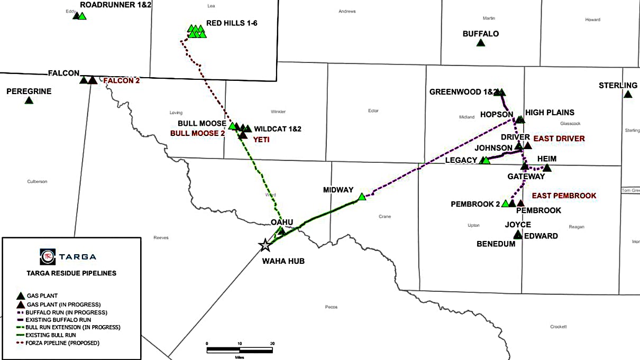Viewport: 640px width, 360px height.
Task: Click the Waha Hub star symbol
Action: click(x=264, y=245)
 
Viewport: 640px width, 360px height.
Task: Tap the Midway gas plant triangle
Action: click(x=362, y=197)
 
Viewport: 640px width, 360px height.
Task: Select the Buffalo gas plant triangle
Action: click(x=480, y=43)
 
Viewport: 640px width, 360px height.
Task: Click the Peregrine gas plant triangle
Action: click(x=29, y=100)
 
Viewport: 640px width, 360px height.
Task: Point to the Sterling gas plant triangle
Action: click(x=628, y=95)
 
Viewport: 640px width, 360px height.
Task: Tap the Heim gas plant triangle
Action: click(x=547, y=168)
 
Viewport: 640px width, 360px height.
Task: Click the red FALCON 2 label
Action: click(x=121, y=81)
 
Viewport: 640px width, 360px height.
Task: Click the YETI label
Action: click(x=261, y=140)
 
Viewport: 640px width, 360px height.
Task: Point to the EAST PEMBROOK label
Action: click(x=564, y=196)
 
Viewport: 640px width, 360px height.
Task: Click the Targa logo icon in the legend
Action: click(x=47, y=256)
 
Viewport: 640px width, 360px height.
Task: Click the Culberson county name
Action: click(x=37, y=181)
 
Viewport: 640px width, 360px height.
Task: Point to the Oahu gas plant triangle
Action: click(x=281, y=231)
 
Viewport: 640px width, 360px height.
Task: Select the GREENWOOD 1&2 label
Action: click(x=463, y=92)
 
